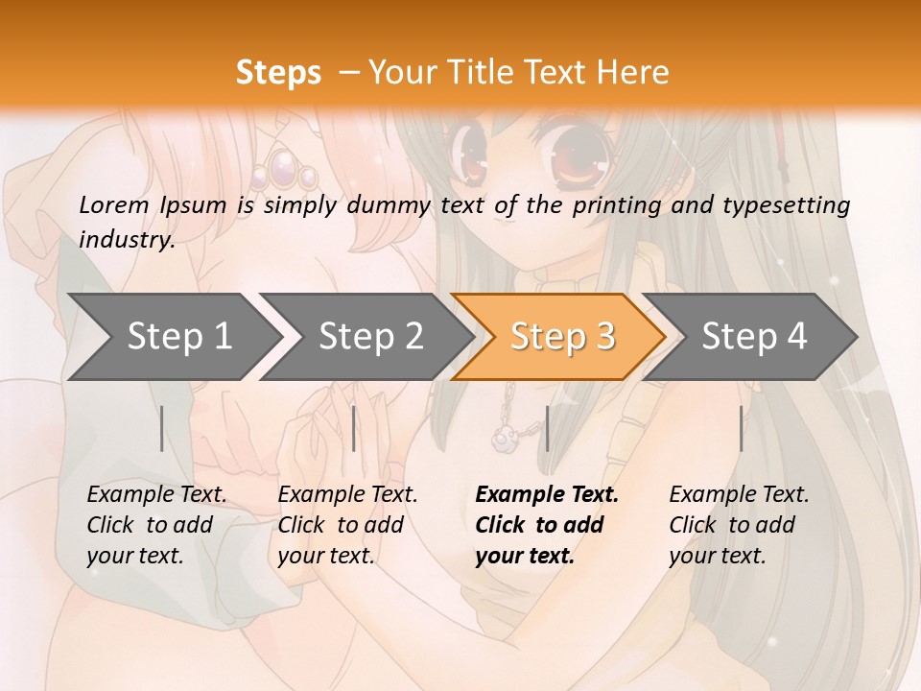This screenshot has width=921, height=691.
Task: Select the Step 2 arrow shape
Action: tap(369, 336)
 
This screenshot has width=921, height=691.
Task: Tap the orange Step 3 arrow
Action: tap(561, 336)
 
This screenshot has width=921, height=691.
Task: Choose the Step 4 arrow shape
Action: tap(753, 336)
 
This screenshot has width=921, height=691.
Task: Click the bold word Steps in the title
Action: tap(278, 73)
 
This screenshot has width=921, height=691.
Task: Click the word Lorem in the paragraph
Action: tap(114, 205)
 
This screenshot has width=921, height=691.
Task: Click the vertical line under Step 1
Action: tap(162, 428)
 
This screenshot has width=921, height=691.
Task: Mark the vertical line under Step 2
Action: tap(354, 428)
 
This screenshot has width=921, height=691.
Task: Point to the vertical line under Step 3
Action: tap(547, 428)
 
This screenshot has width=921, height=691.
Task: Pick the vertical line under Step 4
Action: tap(741, 428)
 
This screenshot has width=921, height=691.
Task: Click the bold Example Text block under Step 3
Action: tap(547, 525)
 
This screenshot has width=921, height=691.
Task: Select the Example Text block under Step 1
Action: tap(156, 525)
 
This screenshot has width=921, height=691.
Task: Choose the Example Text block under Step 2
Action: tap(347, 525)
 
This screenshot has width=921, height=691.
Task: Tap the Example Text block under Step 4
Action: tap(739, 525)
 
